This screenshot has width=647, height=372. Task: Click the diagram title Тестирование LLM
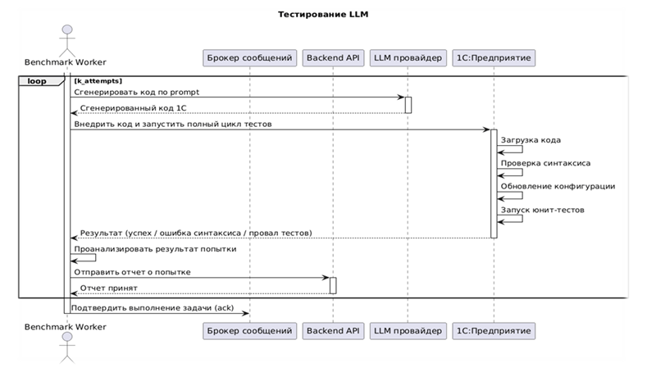(322, 15)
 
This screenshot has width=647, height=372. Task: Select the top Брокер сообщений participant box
(248, 58)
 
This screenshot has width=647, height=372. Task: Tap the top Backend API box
(333, 58)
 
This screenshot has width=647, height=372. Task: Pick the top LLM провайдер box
(407, 58)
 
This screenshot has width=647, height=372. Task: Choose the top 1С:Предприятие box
(494, 58)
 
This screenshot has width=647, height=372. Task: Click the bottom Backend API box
(333, 331)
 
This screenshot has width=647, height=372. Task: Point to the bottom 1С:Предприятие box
(494, 331)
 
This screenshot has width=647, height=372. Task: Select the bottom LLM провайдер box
(407, 331)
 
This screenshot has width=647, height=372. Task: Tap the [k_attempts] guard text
(98, 82)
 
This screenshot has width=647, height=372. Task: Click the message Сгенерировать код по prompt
(137, 92)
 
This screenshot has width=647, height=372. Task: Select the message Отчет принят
(108, 288)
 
